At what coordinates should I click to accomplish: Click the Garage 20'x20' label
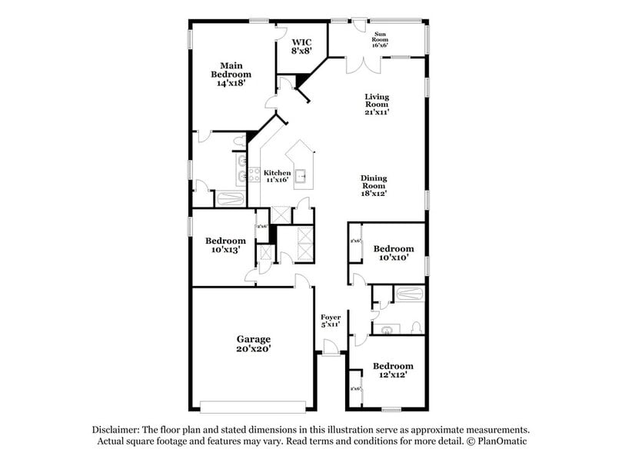click(252, 344)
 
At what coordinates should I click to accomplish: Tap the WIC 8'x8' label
click(301, 45)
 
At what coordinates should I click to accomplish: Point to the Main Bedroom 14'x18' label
click(231, 75)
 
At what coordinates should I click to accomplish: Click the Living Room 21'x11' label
click(377, 104)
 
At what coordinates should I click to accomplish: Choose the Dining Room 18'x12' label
click(374, 185)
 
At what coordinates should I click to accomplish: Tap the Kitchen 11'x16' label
click(277, 177)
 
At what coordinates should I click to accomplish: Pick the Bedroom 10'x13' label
click(226, 245)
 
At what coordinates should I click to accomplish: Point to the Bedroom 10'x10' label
click(393, 253)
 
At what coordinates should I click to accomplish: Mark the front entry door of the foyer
click(331, 353)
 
